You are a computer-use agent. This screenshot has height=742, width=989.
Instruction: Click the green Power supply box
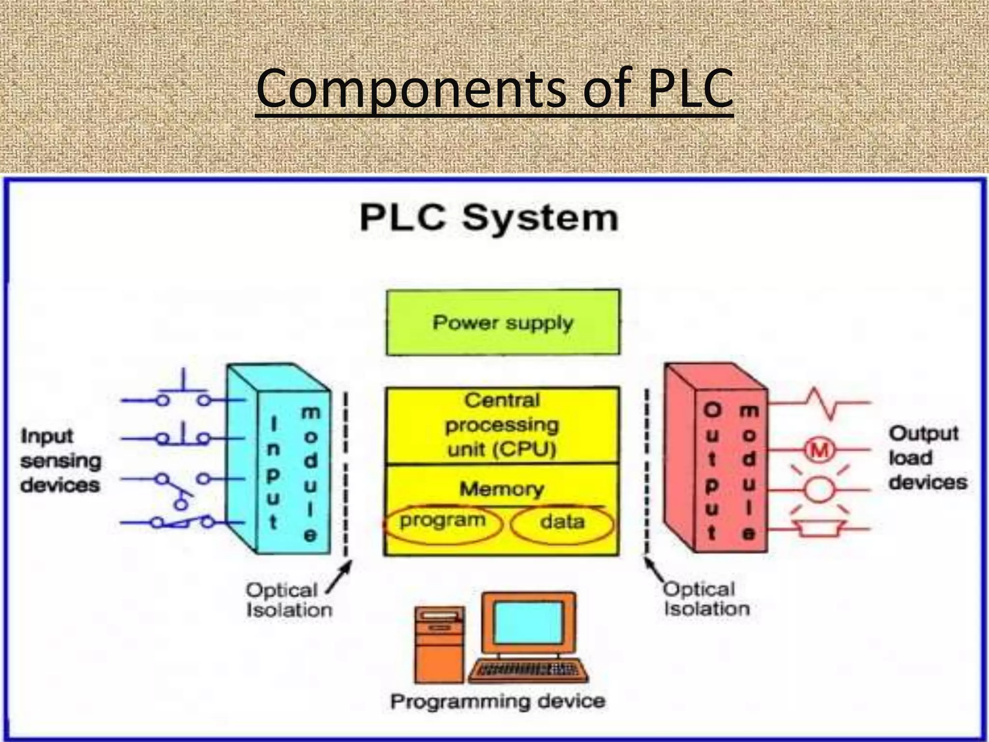pyautogui.click(x=503, y=322)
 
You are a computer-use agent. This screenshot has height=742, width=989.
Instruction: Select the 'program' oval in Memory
pyautogui.click(x=442, y=522)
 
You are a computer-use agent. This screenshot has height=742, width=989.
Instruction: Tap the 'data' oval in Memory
pyautogui.click(x=562, y=523)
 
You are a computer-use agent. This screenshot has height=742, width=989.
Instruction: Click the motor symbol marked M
pyautogui.click(x=819, y=451)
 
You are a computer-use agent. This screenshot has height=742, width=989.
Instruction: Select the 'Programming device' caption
pyautogui.click(x=497, y=701)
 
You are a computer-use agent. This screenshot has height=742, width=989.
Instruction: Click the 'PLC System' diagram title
pyautogui.click(x=489, y=218)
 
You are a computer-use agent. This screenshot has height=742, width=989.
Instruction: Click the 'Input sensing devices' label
pyautogui.click(x=60, y=460)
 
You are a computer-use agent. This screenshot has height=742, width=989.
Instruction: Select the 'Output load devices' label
pyautogui.click(x=927, y=457)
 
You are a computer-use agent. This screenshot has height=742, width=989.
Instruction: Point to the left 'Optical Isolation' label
pyautogui.click(x=289, y=600)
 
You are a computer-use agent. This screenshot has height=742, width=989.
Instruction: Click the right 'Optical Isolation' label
pyautogui.click(x=706, y=599)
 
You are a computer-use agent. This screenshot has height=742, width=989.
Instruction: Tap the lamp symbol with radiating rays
pyautogui.click(x=819, y=489)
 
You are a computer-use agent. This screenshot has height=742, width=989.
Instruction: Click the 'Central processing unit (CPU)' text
pyautogui.click(x=502, y=425)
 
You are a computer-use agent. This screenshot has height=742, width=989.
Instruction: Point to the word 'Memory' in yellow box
pyautogui.click(x=501, y=489)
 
